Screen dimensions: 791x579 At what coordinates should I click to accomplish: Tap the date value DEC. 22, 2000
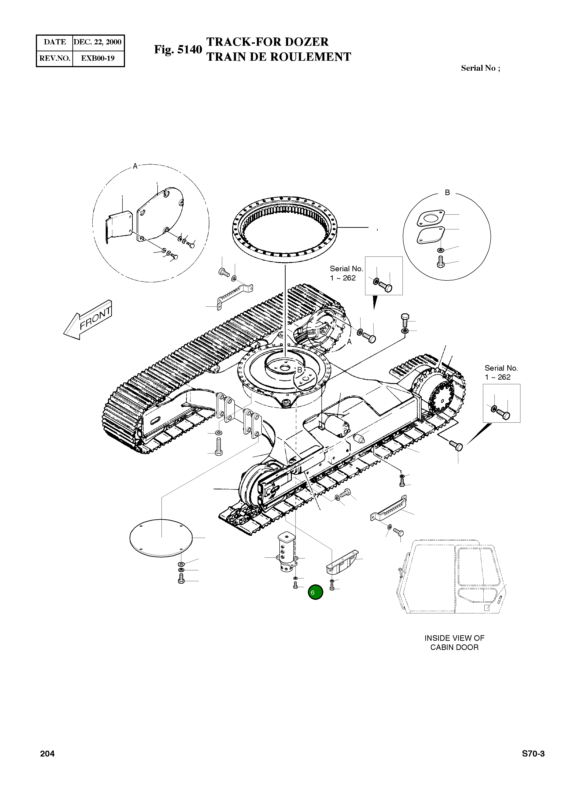(98, 42)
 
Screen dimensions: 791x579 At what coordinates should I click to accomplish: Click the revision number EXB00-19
(98, 58)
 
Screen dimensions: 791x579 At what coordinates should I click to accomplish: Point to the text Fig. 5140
(178, 49)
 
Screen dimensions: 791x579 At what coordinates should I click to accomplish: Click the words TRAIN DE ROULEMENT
(279, 57)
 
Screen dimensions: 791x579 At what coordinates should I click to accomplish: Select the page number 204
(47, 754)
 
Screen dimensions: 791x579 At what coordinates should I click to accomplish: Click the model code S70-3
(533, 754)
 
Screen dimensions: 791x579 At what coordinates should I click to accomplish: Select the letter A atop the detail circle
(135, 166)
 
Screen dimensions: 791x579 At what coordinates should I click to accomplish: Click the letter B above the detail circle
(447, 192)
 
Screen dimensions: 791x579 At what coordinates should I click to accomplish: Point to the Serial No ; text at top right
(480, 68)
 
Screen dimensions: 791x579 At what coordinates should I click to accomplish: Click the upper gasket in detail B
(430, 218)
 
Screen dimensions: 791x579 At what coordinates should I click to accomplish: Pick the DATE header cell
(55, 42)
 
